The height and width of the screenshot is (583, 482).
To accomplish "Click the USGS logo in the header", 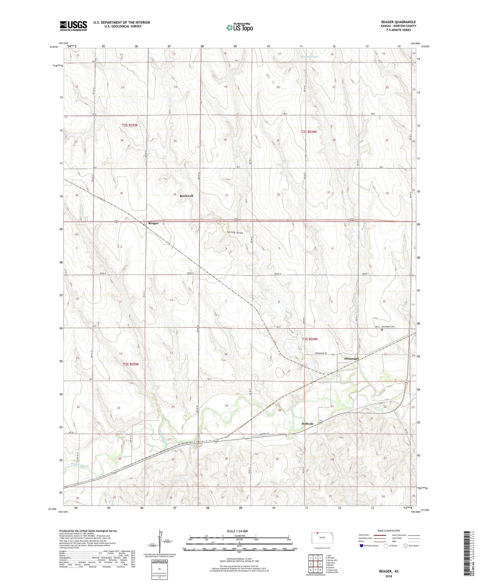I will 73,26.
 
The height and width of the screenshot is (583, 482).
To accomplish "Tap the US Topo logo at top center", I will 239,27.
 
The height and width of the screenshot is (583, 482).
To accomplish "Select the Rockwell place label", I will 186,196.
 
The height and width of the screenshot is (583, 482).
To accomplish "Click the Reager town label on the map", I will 153,223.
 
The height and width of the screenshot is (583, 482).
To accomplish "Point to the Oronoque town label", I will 352,359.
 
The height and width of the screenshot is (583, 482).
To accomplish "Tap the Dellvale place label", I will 307,424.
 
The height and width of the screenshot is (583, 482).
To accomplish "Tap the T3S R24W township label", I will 310,339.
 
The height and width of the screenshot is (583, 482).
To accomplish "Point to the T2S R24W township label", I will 308,132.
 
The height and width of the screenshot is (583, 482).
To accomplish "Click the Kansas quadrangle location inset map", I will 322,538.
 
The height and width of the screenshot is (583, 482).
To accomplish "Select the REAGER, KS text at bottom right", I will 389,571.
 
